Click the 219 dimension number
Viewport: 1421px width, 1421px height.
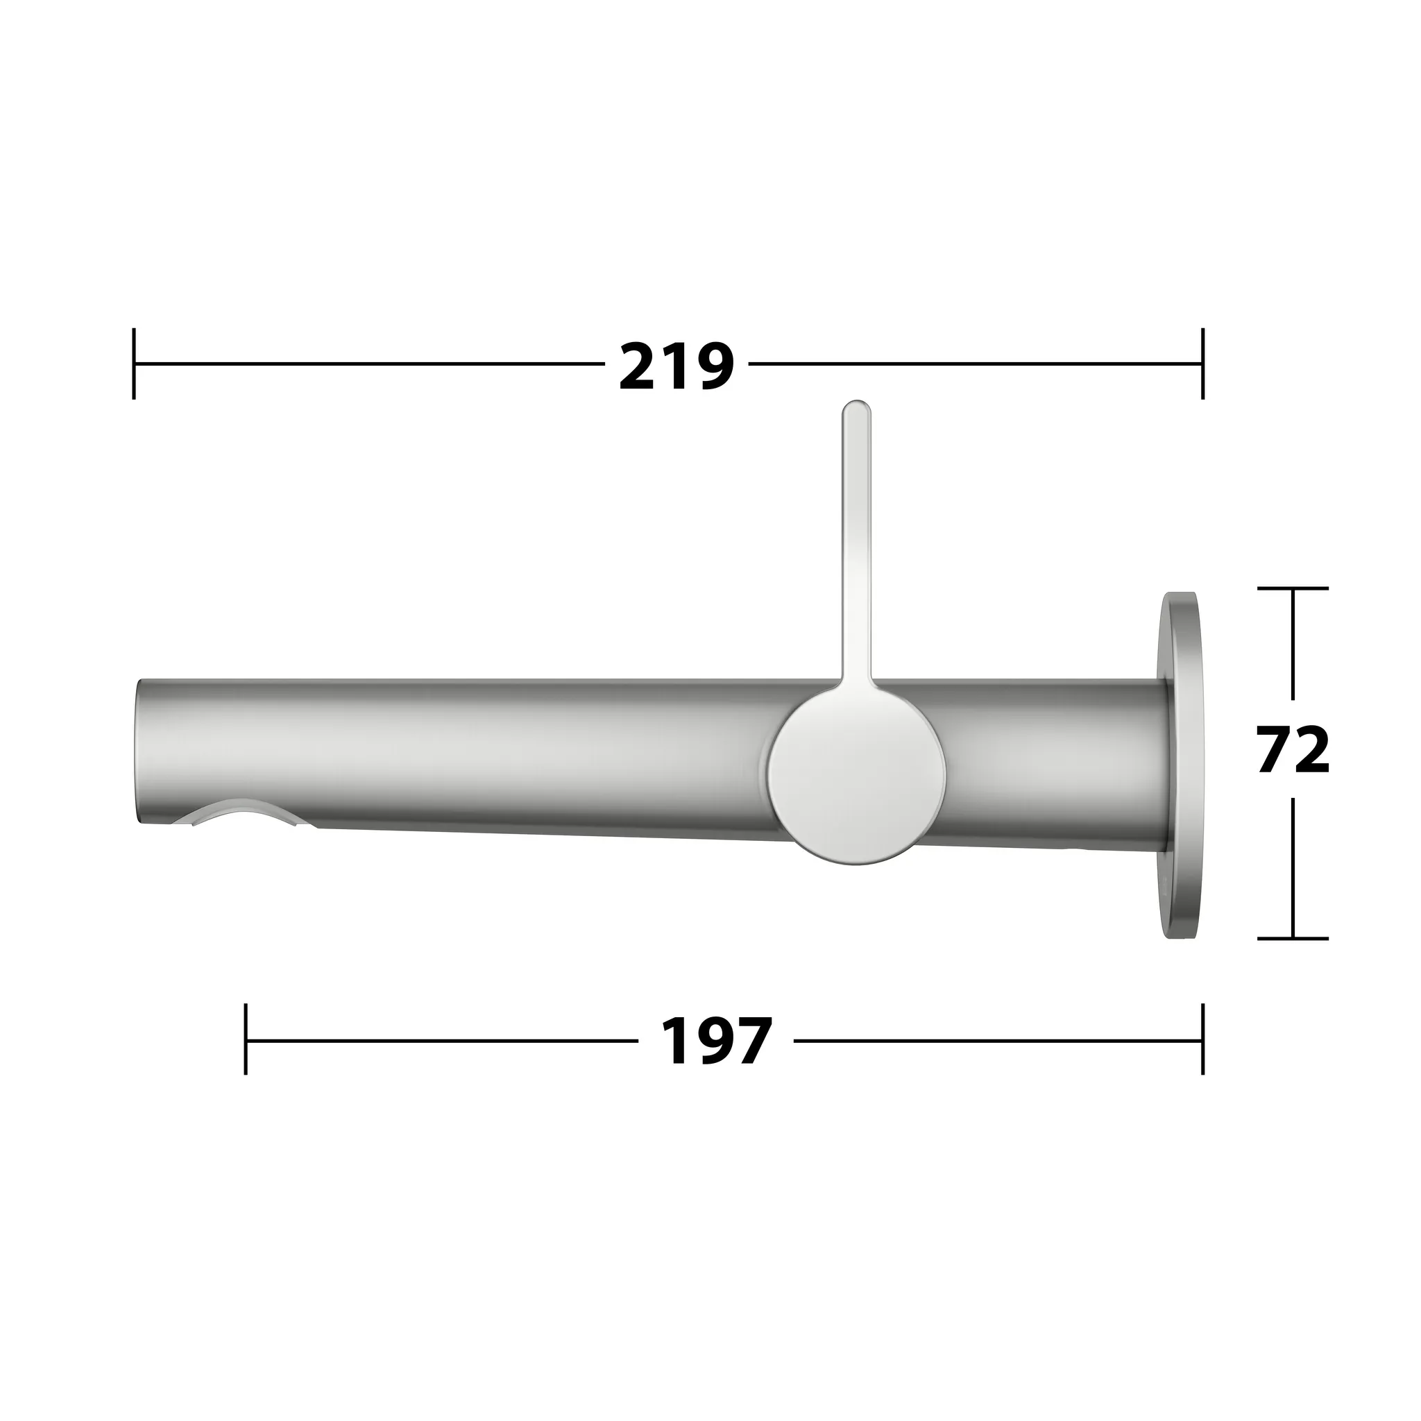point(676,366)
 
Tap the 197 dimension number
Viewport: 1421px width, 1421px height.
point(715,1041)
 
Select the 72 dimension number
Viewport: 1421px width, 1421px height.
point(1294,750)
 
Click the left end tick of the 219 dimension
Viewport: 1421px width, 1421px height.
point(134,364)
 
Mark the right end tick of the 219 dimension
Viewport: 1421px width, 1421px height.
point(1202,364)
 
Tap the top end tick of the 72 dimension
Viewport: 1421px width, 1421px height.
point(1293,588)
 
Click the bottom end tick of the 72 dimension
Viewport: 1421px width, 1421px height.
point(1293,939)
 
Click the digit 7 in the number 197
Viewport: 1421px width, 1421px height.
point(751,1041)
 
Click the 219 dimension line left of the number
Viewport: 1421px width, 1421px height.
point(368,364)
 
